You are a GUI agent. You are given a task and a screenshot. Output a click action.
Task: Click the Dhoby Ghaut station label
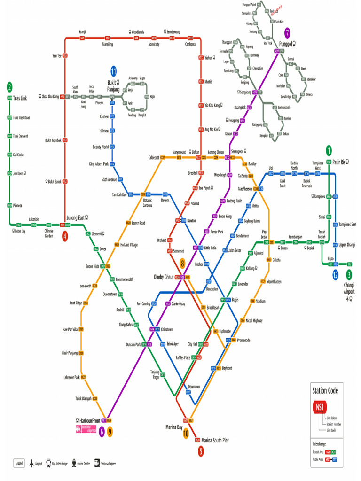click(x=164, y=277)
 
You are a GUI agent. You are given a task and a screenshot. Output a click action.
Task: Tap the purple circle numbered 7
click(x=288, y=33)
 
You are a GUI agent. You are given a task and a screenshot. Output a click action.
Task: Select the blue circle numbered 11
click(x=113, y=71)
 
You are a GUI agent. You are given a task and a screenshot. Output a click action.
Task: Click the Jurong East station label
click(x=76, y=218)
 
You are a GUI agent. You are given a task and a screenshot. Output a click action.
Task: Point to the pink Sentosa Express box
click(x=86, y=429)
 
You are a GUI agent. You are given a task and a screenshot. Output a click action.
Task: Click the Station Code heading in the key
click(x=325, y=390)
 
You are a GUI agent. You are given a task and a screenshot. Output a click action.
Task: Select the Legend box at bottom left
click(x=19, y=463)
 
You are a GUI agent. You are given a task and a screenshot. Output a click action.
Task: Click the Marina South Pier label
click(x=215, y=440)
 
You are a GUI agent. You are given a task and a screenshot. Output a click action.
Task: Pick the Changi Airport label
click(x=349, y=288)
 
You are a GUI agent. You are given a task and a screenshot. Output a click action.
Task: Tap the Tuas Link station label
click(x=20, y=98)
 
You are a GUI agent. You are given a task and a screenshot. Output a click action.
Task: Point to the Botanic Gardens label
click(x=148, y=203)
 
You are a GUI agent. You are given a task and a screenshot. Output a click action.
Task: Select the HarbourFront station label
click(x=90, y=420)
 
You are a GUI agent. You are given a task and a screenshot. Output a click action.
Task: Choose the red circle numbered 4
click(x=65, y=236)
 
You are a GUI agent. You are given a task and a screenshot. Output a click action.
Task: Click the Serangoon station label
click(x=237, y=152)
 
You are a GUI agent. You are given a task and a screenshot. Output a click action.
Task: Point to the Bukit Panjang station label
click(x=113, y=86)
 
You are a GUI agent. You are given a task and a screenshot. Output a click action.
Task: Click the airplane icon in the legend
click(x=32, y=463)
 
